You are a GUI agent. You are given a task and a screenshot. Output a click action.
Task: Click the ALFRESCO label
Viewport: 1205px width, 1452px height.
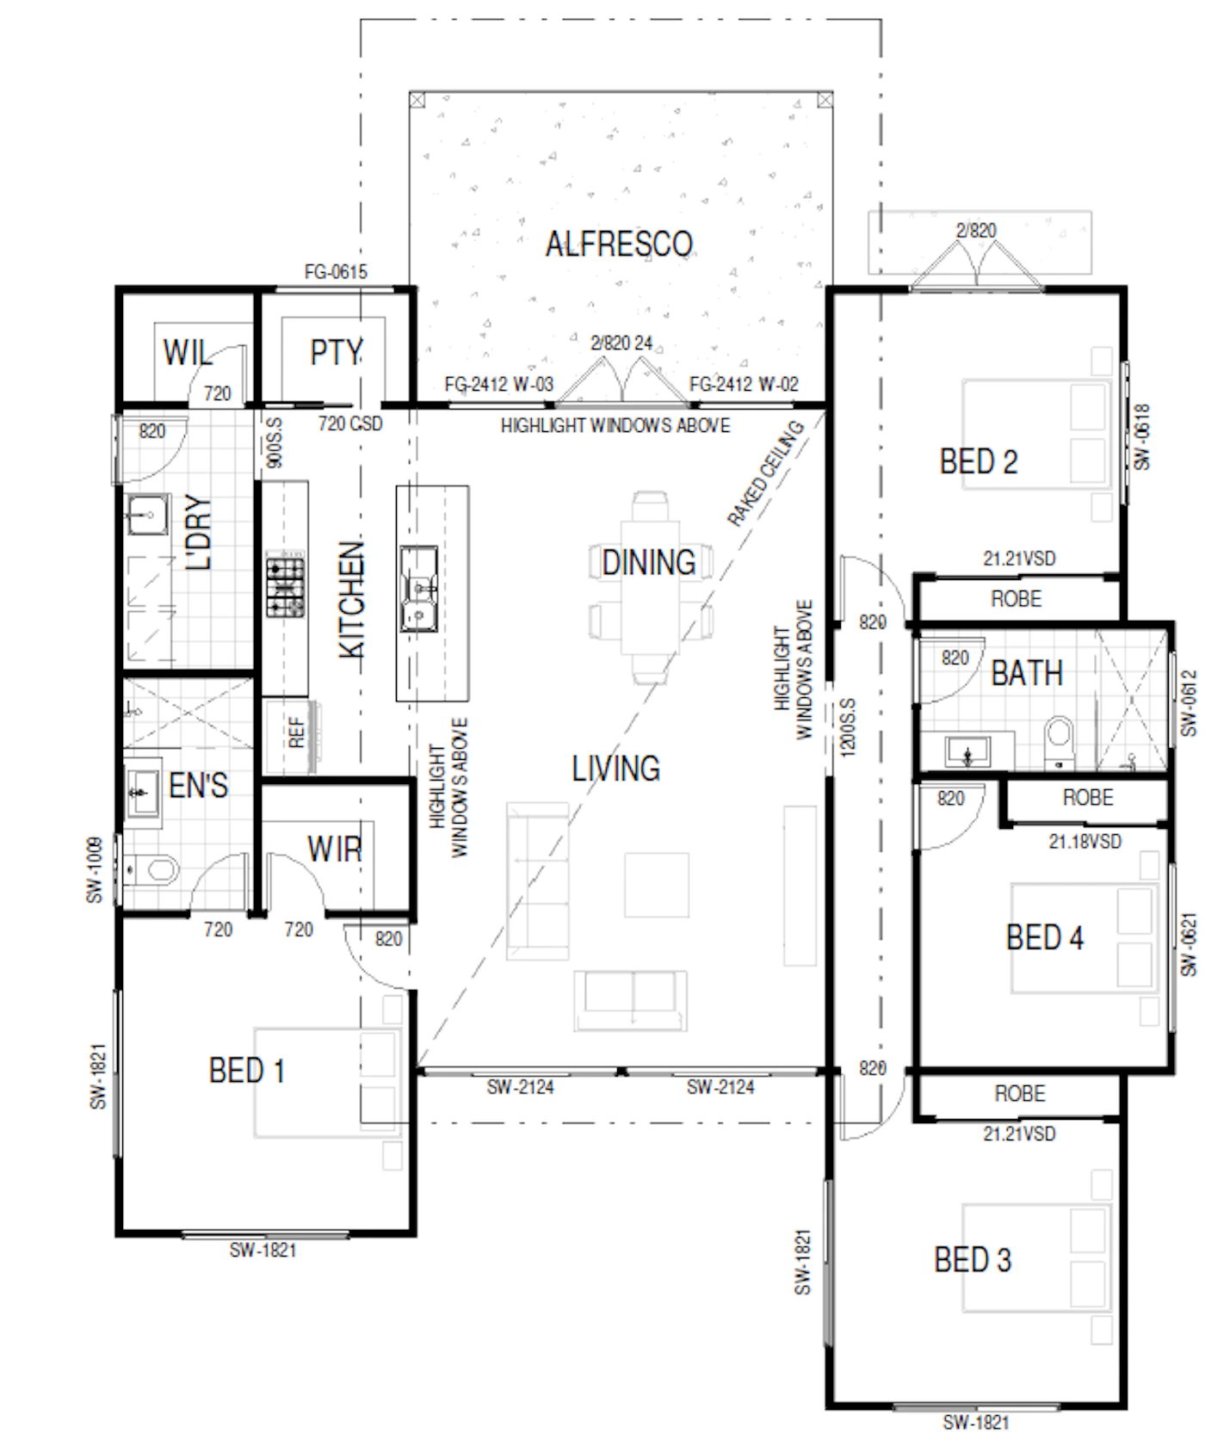[x=619, y=244]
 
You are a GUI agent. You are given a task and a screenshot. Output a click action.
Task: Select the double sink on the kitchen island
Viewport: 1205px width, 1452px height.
[x=419, y=589]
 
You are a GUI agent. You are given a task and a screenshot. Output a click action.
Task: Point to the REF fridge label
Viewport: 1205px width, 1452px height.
[x=297, y=733]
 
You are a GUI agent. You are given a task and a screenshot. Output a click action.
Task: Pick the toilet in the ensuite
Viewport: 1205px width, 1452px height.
[x=153, y=869]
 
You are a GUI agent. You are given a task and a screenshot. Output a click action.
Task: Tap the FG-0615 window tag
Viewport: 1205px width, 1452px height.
[x=336, y=272]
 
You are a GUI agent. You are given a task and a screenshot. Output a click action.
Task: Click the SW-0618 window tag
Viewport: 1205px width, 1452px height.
[x=1142, y=437]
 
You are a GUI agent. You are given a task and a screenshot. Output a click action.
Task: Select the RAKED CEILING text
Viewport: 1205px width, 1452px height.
[x=765, y=473]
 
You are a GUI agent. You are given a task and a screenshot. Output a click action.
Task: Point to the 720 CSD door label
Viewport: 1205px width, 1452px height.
[x=350, y=423]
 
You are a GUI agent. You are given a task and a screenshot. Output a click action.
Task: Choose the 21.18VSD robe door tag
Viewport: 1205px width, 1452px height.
[x=1084, y=841]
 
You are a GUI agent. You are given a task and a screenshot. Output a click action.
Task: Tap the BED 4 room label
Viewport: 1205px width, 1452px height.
[x=1044, y=937]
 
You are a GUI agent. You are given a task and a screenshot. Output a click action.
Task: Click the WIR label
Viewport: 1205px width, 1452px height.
[x=334, y=850]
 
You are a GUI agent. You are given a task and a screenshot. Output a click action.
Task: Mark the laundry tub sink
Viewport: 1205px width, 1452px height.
[x=147, y=516]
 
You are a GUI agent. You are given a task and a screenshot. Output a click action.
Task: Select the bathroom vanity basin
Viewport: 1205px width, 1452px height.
[x=967, y=751]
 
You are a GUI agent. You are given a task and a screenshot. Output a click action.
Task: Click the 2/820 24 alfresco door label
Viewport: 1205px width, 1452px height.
[x=621, y=343]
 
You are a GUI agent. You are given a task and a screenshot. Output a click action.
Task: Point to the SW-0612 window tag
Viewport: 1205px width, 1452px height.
[x=1189, y=703]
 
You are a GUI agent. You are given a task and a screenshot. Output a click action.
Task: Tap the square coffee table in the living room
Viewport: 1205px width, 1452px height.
[x=657, y=885]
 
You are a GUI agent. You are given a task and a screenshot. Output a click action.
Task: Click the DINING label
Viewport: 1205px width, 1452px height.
[x=649, y=563]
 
